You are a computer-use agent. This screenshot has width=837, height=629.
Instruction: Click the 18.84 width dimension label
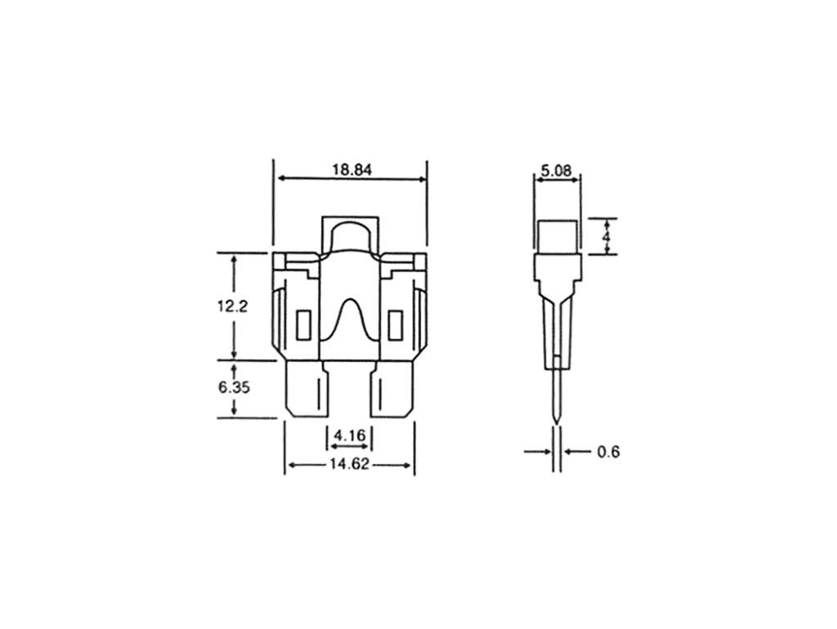click(351, 170)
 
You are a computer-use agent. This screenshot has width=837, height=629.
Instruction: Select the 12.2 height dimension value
click(232, 307)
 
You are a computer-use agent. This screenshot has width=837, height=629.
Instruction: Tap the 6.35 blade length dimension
click(234, 387)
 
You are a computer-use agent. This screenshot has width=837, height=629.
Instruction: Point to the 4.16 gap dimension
click(350, 436)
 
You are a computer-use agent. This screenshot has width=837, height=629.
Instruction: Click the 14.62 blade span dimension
click(349, 464)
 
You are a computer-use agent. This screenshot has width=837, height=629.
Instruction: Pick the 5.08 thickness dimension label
click(556, 171)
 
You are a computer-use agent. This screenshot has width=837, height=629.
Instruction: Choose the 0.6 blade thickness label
click(608, 453)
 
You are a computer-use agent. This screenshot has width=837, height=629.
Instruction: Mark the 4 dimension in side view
click(606, 236)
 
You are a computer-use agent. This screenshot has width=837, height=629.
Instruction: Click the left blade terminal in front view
click(307, 389)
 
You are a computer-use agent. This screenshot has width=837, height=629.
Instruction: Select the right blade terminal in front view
click(392, 389)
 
